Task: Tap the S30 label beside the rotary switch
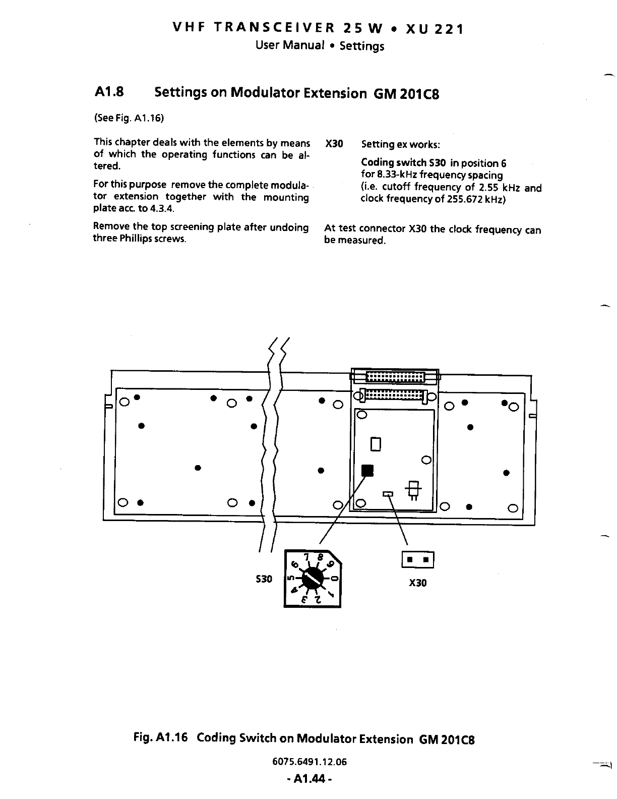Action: click(x=265, y=579)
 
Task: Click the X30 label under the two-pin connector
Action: click(x=418, y=583)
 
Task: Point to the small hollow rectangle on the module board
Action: click(x=375, y=444)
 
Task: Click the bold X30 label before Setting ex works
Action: click(x=334, y=144)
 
